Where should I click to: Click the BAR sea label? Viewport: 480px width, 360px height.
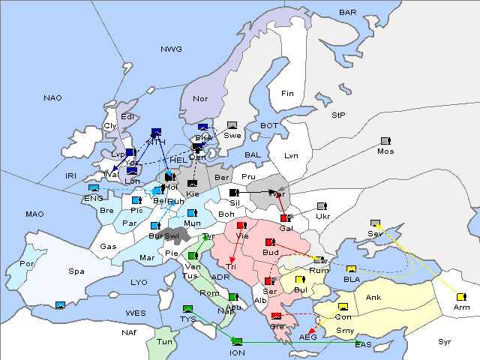(x=347, y=13)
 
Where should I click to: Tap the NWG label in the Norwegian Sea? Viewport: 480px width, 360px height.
(x=171, y=49)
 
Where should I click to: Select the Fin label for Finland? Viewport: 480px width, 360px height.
(x=287, y=94)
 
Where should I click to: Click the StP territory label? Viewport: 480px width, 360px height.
(x=338, y=115)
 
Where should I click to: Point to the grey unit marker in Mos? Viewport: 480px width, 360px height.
(x=385, y=141)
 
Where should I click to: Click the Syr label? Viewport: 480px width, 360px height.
(x=445, y=342)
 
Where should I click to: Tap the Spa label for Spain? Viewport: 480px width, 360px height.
(x=76, y=271)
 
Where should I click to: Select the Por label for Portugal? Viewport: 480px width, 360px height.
(x=27, y=264)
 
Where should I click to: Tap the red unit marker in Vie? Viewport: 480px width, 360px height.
(x=241, y=225)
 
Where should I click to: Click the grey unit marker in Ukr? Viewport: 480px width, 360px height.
(x=322, y=206)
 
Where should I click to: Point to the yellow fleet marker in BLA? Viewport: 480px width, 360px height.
(x=352, y=268)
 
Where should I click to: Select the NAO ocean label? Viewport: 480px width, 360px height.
(x=52, y=98)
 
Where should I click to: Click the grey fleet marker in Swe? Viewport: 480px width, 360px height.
(x=232, y=125)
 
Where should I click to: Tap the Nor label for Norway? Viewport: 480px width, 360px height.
(x=200, y=98)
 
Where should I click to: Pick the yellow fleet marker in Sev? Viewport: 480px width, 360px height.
(x=375, y=223)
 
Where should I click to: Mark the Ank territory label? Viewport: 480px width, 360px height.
(x=373, y=298)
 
